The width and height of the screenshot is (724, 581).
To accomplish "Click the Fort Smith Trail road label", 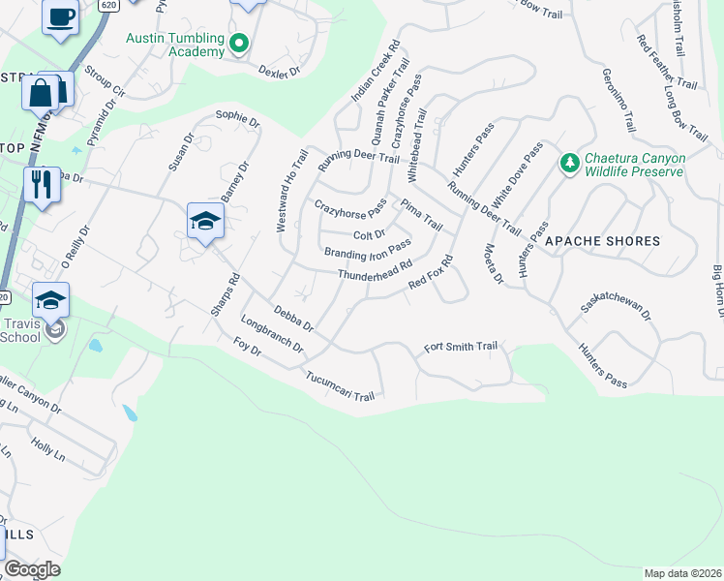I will (x=461, y=347).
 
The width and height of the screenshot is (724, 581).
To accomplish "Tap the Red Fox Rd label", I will (x=432, y=273).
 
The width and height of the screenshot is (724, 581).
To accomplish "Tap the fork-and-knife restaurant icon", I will (x=41, y=183).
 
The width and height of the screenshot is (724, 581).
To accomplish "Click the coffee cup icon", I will (x=60, y=17).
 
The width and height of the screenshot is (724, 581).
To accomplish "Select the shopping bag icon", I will (x=41, y=93).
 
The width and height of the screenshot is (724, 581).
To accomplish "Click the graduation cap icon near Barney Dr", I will (x=204, y=222).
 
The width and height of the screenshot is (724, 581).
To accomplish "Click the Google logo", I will (x=33, y=569).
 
